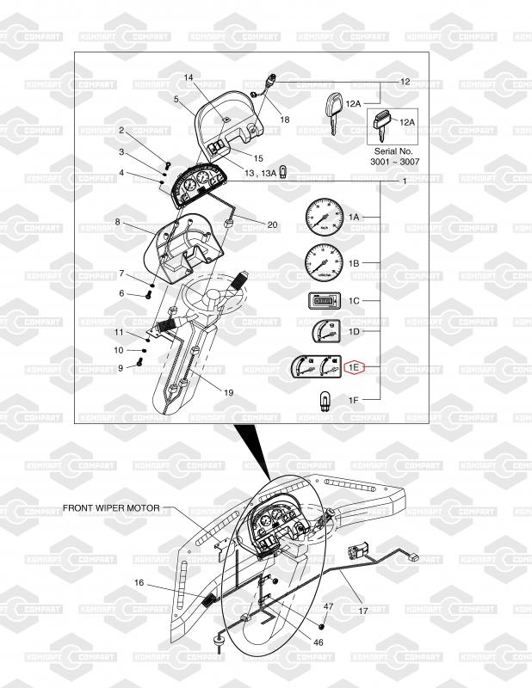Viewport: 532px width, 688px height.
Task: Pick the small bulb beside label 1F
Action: click(x=325, y=400)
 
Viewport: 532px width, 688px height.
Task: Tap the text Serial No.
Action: click(x=393, y=150)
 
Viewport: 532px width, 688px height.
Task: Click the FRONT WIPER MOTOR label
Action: click(x=112, y=508)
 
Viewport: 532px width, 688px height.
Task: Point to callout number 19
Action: click(x=228, y=392)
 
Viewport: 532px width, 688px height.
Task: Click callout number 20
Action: click(x=272, y=224)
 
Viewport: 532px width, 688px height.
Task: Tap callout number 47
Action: click(x=328, y=606)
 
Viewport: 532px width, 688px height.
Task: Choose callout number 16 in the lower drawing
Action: click(x=139, y=582)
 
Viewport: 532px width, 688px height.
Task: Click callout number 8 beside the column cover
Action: click(x=117, y=222)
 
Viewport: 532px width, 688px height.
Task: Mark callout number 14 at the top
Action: click(x=189, y=77)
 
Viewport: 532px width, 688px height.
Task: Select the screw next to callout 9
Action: click(x=138, y=366)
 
